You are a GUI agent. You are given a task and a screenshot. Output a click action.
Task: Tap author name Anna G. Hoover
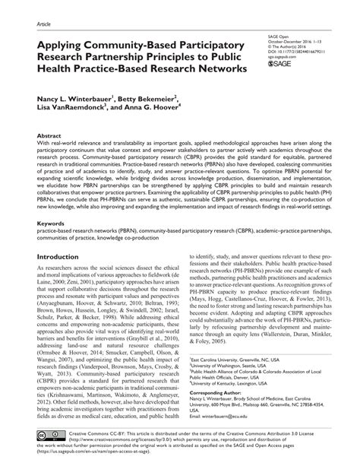pos(162,109)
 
